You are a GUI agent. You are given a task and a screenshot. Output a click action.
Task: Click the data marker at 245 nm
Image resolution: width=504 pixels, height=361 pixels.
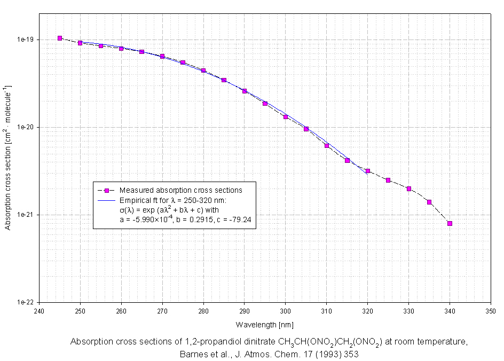click(60, 38)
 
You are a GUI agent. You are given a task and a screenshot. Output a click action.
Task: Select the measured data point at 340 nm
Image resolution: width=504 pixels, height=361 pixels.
click(450, 223)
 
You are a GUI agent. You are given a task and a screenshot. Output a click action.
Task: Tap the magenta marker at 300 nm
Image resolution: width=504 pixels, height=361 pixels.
click(286, 116)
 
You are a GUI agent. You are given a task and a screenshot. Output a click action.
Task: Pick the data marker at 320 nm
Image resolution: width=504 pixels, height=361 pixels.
click(368, 171)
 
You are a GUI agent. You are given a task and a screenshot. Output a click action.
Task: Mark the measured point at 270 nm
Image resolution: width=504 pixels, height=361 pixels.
click(162, 56)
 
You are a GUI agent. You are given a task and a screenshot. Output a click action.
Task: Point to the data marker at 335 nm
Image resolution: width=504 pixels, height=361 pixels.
click(429, 202)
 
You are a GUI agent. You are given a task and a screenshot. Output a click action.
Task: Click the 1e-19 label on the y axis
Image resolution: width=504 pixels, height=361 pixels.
click(26, 40)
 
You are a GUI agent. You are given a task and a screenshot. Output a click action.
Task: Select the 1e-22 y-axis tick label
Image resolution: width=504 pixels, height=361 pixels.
click(26, 302)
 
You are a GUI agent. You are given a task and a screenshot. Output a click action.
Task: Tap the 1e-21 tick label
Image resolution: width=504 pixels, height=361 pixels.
click(26, 215)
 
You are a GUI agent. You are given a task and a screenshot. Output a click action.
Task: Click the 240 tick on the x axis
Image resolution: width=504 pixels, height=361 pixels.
click(39, 310)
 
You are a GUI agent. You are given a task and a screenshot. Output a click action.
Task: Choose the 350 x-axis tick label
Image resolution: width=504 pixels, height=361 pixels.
click(491, 310)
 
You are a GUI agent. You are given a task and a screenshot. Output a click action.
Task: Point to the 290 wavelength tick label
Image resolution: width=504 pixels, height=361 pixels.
click(245, 310)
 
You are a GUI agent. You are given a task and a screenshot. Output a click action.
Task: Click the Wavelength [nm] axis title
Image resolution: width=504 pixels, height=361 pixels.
click(264, 324)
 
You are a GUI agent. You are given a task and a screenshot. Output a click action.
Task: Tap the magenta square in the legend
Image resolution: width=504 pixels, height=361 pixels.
click(107, 190)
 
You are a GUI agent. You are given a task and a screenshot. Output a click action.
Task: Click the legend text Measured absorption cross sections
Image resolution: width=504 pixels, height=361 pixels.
click(181, 190)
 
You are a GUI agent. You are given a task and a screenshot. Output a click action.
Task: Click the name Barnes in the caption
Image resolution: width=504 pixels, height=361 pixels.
click(193, 354)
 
